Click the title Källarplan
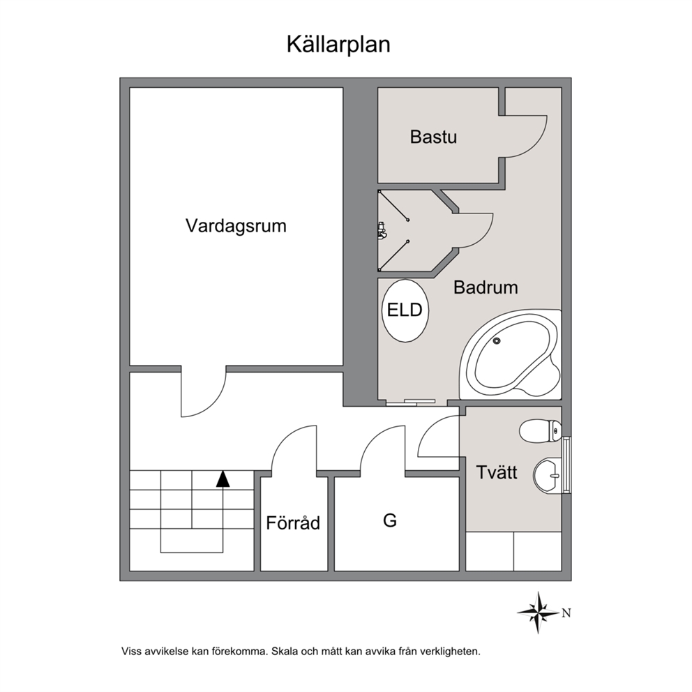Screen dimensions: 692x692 pos(338,45)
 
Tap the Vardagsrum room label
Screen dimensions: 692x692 pos(236,226)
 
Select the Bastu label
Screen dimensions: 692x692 pos(433,137)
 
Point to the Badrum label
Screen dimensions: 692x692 pos(486,287)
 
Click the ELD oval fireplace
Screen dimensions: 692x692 pos(405,310)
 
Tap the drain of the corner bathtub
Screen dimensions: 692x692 pos(497,340)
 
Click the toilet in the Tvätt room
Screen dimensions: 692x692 pos(540,430)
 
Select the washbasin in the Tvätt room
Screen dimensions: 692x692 pos(547,476)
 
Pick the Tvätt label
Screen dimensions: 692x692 pos(497,473)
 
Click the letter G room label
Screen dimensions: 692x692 pos(390,521)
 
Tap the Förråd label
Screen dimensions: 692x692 pos(293,523)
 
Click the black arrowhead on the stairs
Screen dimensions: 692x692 pos(223,479)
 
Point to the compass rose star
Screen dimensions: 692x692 pos(539,612)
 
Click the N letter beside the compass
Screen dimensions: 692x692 pos(566,613)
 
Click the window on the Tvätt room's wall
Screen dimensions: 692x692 pos(566,465)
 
